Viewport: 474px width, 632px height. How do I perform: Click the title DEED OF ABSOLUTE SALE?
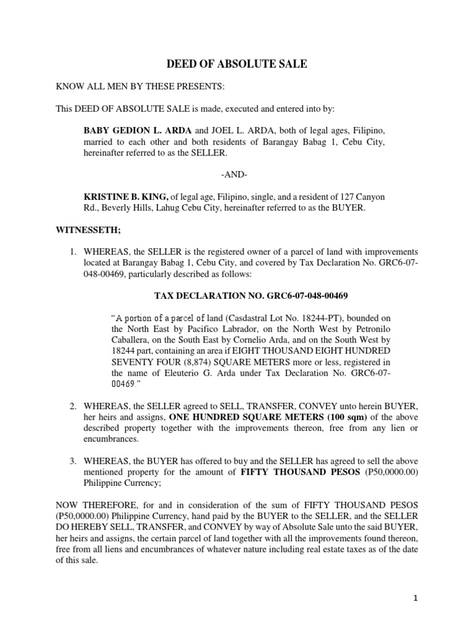point(237,64)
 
